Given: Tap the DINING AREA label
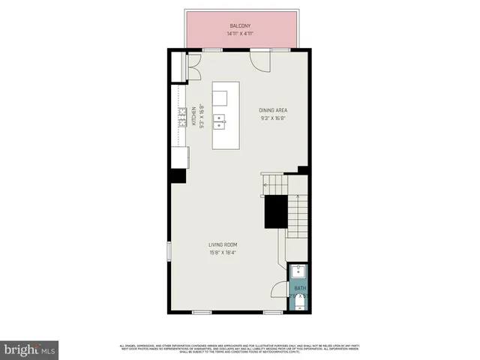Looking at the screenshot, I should (x=273, y=109).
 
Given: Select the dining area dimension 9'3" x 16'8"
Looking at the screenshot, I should (x=273, y=118).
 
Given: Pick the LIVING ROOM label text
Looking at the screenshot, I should (x=223, y=244).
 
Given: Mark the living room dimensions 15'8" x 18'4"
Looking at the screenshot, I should (x=223, y=253).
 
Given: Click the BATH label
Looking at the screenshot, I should (x=299, y=288).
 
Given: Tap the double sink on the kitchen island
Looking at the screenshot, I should (x=220, y=118).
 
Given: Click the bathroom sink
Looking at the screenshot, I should (x=299, y=272).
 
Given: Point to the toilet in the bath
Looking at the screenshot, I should (x=300, y=302).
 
